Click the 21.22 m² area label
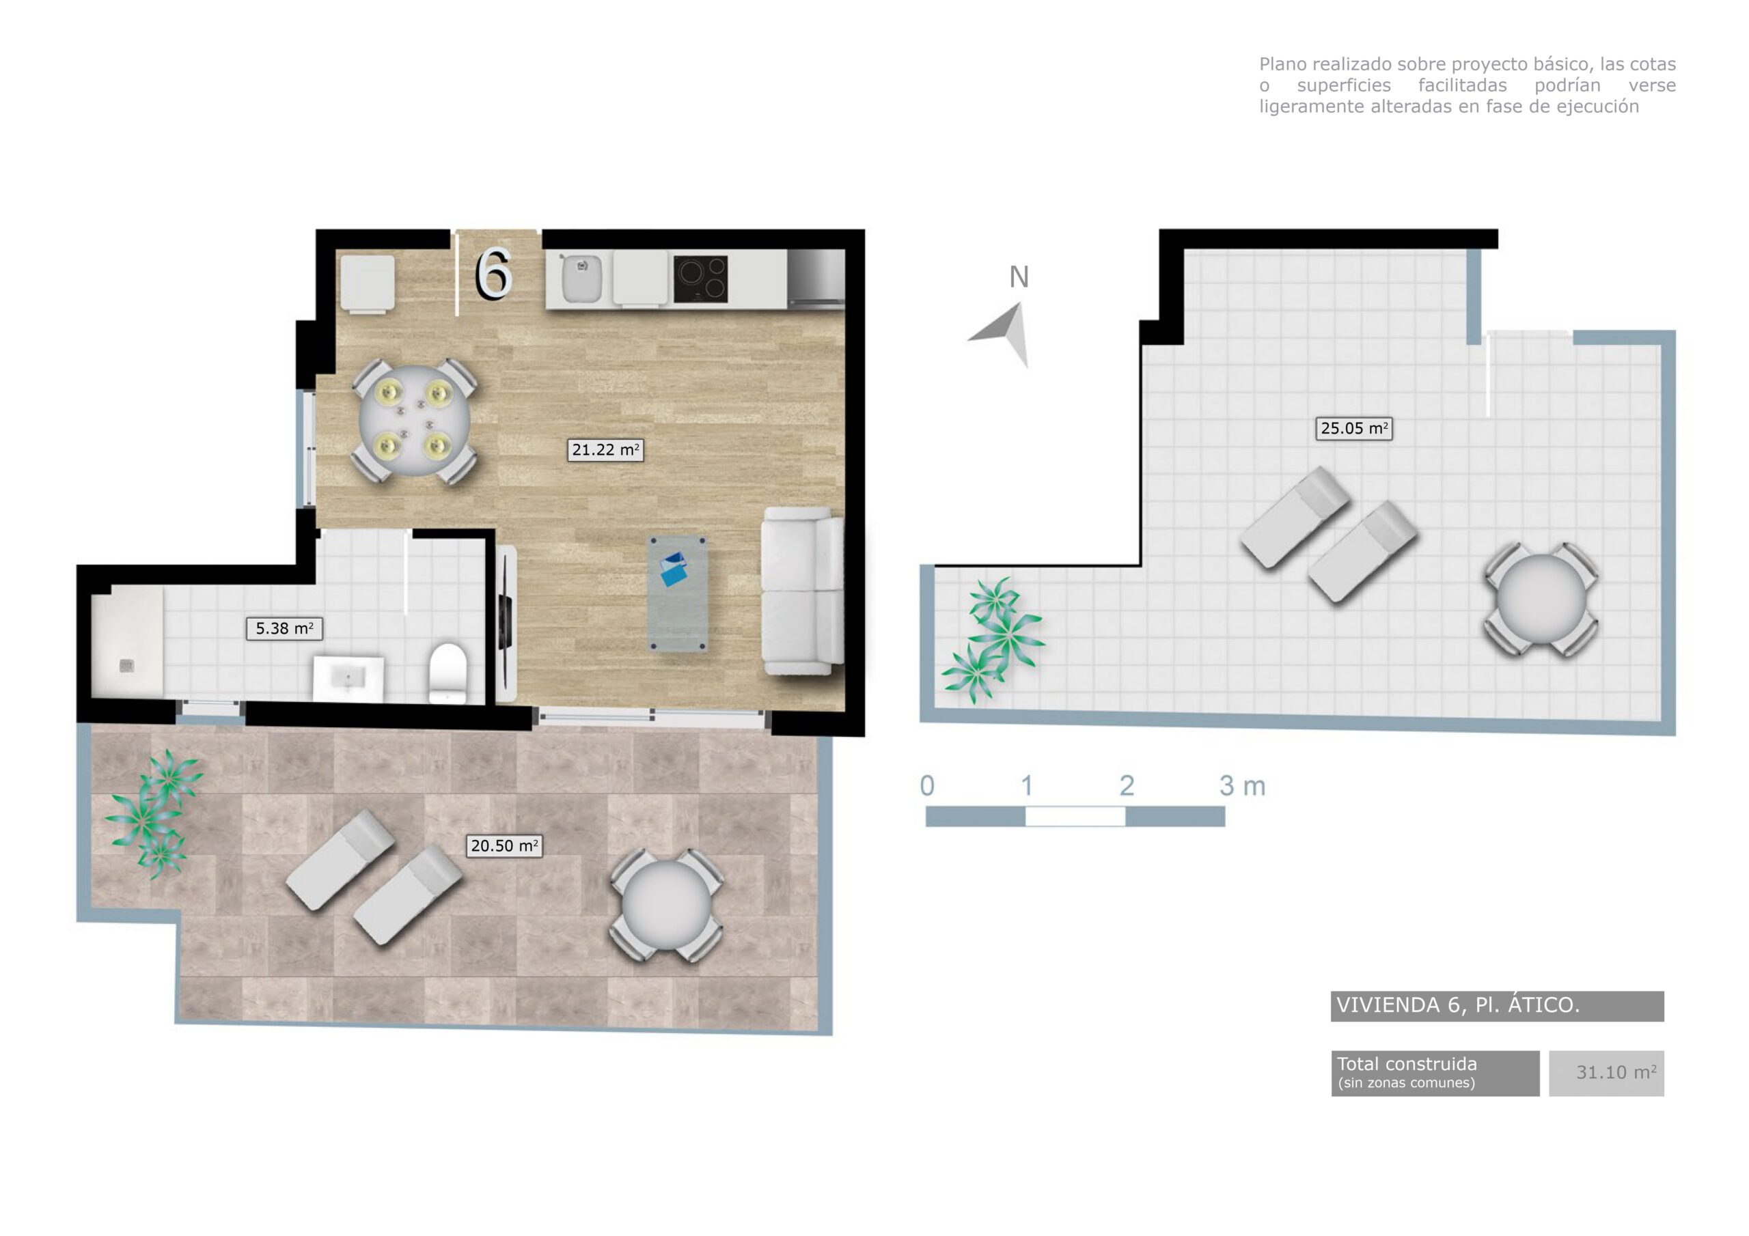pyautogui.click(x=605, y=450)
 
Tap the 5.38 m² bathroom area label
pyautogui.click(x=284, y=628)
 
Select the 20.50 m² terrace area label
pyautogui.click(x=504, y=845)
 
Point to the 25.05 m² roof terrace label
pyautogui.click(x=1353, y=428)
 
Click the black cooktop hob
pyautogui.click(x=700, y=279)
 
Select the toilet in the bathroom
pyautogui.click(x=448, y=672)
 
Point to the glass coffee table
pyautogui.click(x=677, y=594)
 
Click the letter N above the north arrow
pyautogui.click(x=1019, y=277)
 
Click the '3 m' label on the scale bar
pyautogui.click(x=1241, y=786)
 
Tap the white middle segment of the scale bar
pyautogui.click(x=1075, y=817)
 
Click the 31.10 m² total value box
pyautogui.click(x=1606, y=1073)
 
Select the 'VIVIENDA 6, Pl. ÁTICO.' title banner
pyautogui.click(x=1496, y=1005)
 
